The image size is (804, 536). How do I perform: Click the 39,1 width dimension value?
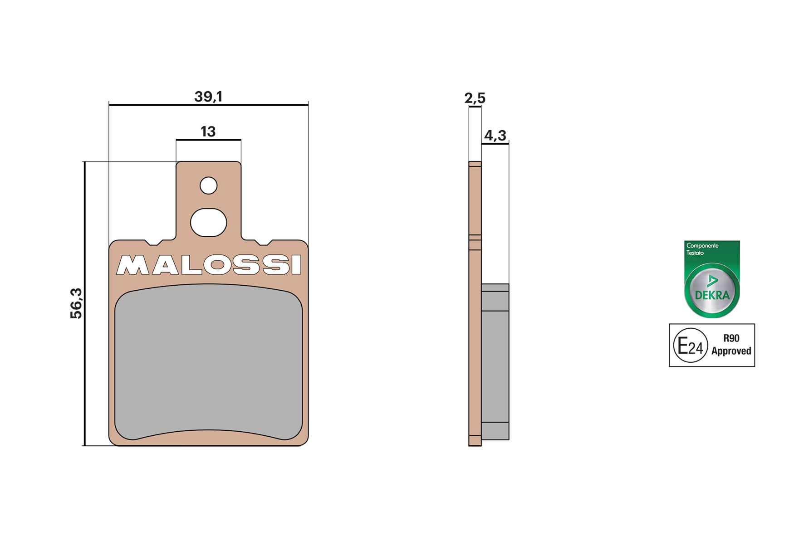pyautogui.click(x=208, y=97)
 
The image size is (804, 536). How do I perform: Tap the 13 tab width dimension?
pyautogui.click(x=208, y=132)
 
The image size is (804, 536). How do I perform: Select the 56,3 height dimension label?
pyautogui.click(x=76, y=303)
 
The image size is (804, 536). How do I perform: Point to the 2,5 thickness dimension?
pyautogui.click(x=475, y=98)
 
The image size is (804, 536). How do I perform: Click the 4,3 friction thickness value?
pyautogui.click(x=495, y=135)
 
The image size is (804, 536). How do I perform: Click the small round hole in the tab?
pyautogui.click(x=209, y=185)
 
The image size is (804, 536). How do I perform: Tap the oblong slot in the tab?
pyautogui.click(x=209, y=222)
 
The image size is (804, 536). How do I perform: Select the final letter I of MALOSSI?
pyautogui.click(x=296, y=265)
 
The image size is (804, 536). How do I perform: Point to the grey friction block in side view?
pyautogui.click(x=495, y=363)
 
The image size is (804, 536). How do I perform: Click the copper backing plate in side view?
pyautogui.click(x=475, y=204)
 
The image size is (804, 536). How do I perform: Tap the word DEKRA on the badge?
pyautogui.click(x=712, y=295)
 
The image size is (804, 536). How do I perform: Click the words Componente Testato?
pyautogui.click(x=702, y=249)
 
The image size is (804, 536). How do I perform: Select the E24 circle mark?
pyautogui.click(x=690, y=346)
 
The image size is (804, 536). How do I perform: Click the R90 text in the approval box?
pyautogui.click(x=731, y=338)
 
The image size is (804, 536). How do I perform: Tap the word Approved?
pyautogui.click(x=731, y=351)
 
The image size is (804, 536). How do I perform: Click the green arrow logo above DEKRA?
pyautogui.click(x=712, y=281)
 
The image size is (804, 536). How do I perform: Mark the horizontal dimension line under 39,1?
pyautogui.click(x=208, y=105)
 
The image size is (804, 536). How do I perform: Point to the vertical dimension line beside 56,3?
pyautogui.click(x=84, y=303)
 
